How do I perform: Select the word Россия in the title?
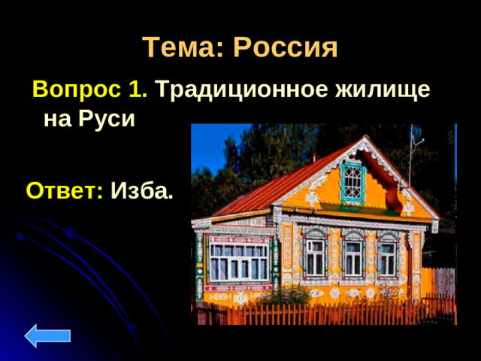click(285, 48)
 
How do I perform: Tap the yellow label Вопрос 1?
click(89, 89)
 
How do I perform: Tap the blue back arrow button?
click(47, 335)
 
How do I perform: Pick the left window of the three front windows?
click(315, 256)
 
